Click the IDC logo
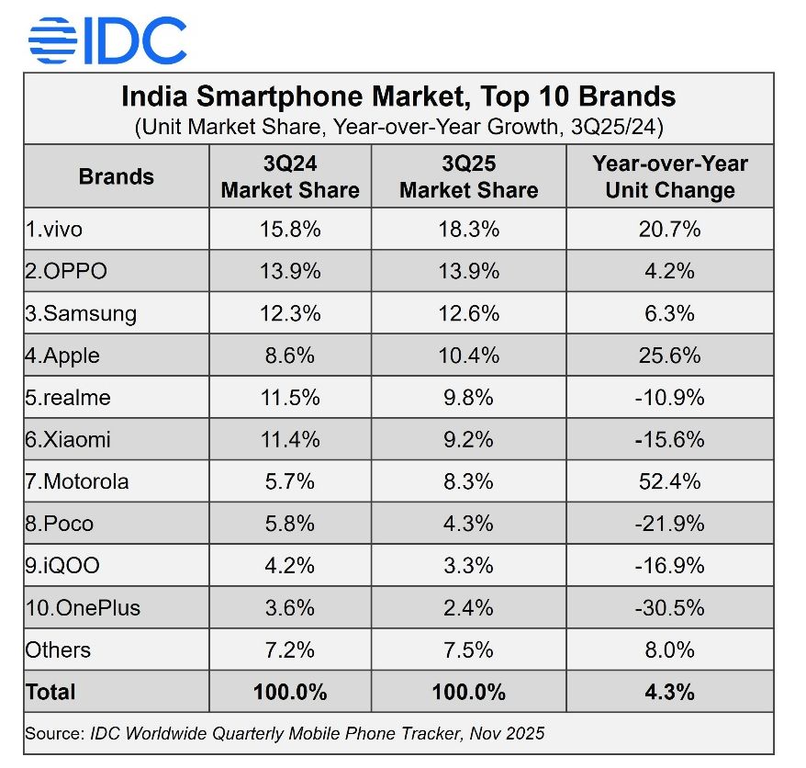(107, 40)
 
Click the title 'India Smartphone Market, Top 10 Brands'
(398, 96)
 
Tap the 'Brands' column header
(117, 176)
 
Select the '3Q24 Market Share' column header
(290, 177)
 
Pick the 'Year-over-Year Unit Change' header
(669, 177)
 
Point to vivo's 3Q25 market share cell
(468, 229)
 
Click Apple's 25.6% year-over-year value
(669, 356)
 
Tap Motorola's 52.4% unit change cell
(669, 481)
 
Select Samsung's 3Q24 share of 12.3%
(290, 313)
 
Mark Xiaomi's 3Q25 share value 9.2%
(468, 439)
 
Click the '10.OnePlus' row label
(83, 607)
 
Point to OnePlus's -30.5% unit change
(669, 607)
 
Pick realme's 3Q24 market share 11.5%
(290, 397)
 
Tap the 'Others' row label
(58, 649)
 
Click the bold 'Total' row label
(51, 692)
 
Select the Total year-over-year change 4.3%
(669, 692)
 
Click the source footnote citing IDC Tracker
(285, 733)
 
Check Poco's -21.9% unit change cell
(669, 524)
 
